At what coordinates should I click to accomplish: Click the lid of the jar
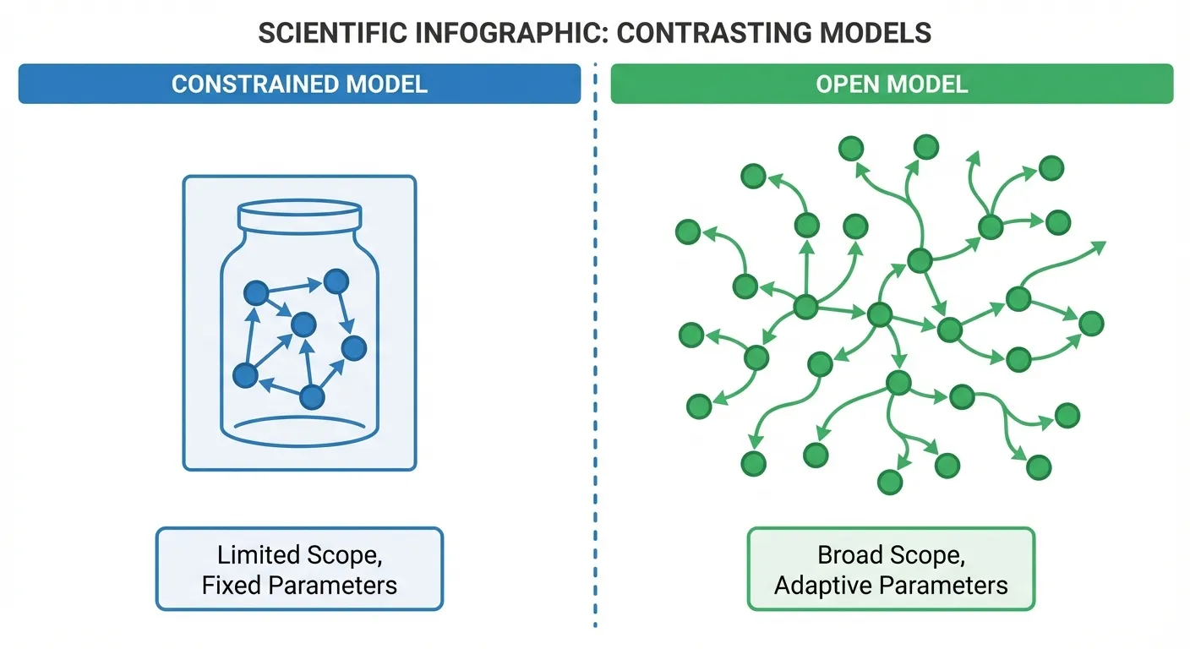click(300, 216)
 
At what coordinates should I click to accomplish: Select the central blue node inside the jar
click(303, 324)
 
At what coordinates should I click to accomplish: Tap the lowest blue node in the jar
click(312, 396)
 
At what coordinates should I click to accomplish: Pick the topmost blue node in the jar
click(336, 281)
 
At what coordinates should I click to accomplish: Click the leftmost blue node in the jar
click(245, 374)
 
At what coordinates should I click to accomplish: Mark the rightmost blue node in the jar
click(353, 346)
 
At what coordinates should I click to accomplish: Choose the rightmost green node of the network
click(1091, 323)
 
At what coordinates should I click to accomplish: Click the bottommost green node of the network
click(890, 482)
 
